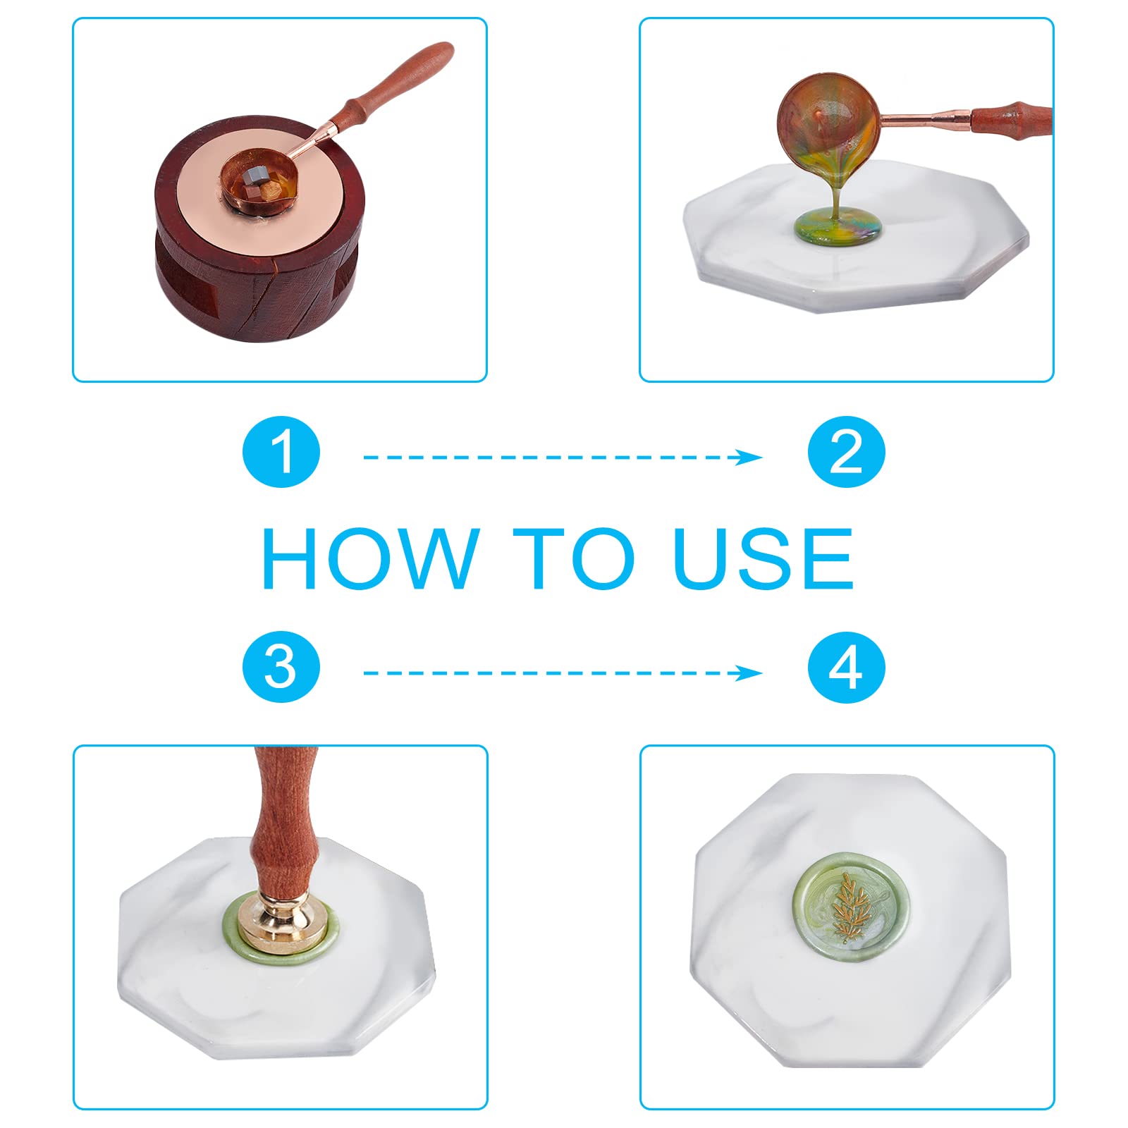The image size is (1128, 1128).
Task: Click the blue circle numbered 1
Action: (281, 452)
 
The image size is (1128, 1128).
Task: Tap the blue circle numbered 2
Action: (846, 452)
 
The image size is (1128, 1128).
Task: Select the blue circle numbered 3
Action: (281, 667)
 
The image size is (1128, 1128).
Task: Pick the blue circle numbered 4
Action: (846, 667)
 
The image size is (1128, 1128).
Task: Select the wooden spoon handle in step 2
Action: (1012, 116)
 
